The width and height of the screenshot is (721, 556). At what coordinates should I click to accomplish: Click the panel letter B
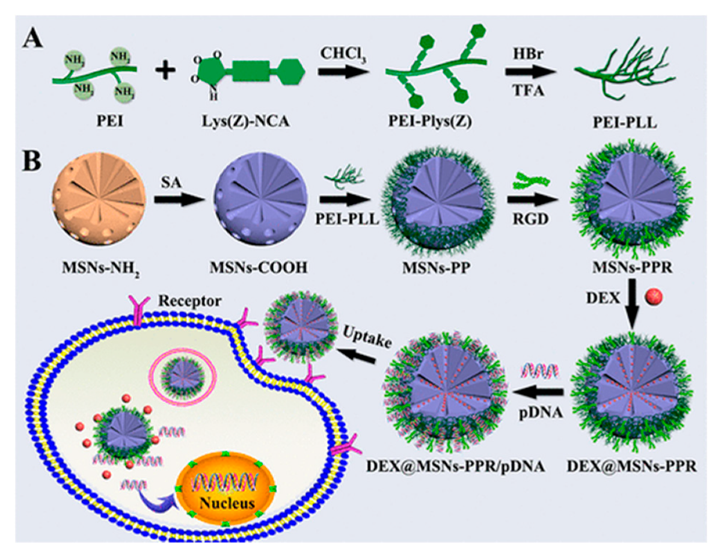pos(35,162)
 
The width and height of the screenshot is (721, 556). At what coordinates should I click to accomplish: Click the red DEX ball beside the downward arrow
pos(653,298)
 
